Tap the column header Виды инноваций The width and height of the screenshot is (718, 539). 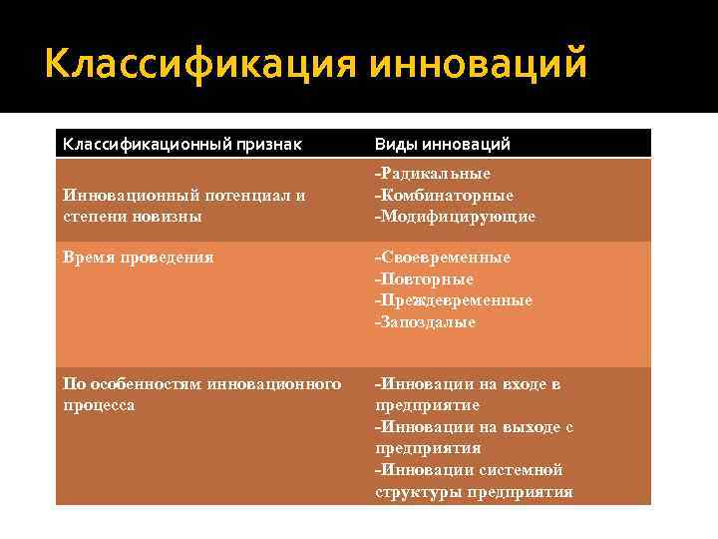point(442,145)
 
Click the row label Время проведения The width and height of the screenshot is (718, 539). point(139,257)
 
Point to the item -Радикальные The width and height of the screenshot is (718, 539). point(433,174)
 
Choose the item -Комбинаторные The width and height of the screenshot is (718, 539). point(444,195)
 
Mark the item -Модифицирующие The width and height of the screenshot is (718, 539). point(455,216)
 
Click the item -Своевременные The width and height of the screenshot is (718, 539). point(442,258)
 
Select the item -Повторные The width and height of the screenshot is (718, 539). point(424,279)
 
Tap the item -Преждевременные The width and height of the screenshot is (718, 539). point(454,300)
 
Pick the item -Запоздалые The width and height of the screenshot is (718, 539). point(426,322)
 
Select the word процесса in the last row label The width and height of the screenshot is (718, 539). point(99,405)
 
